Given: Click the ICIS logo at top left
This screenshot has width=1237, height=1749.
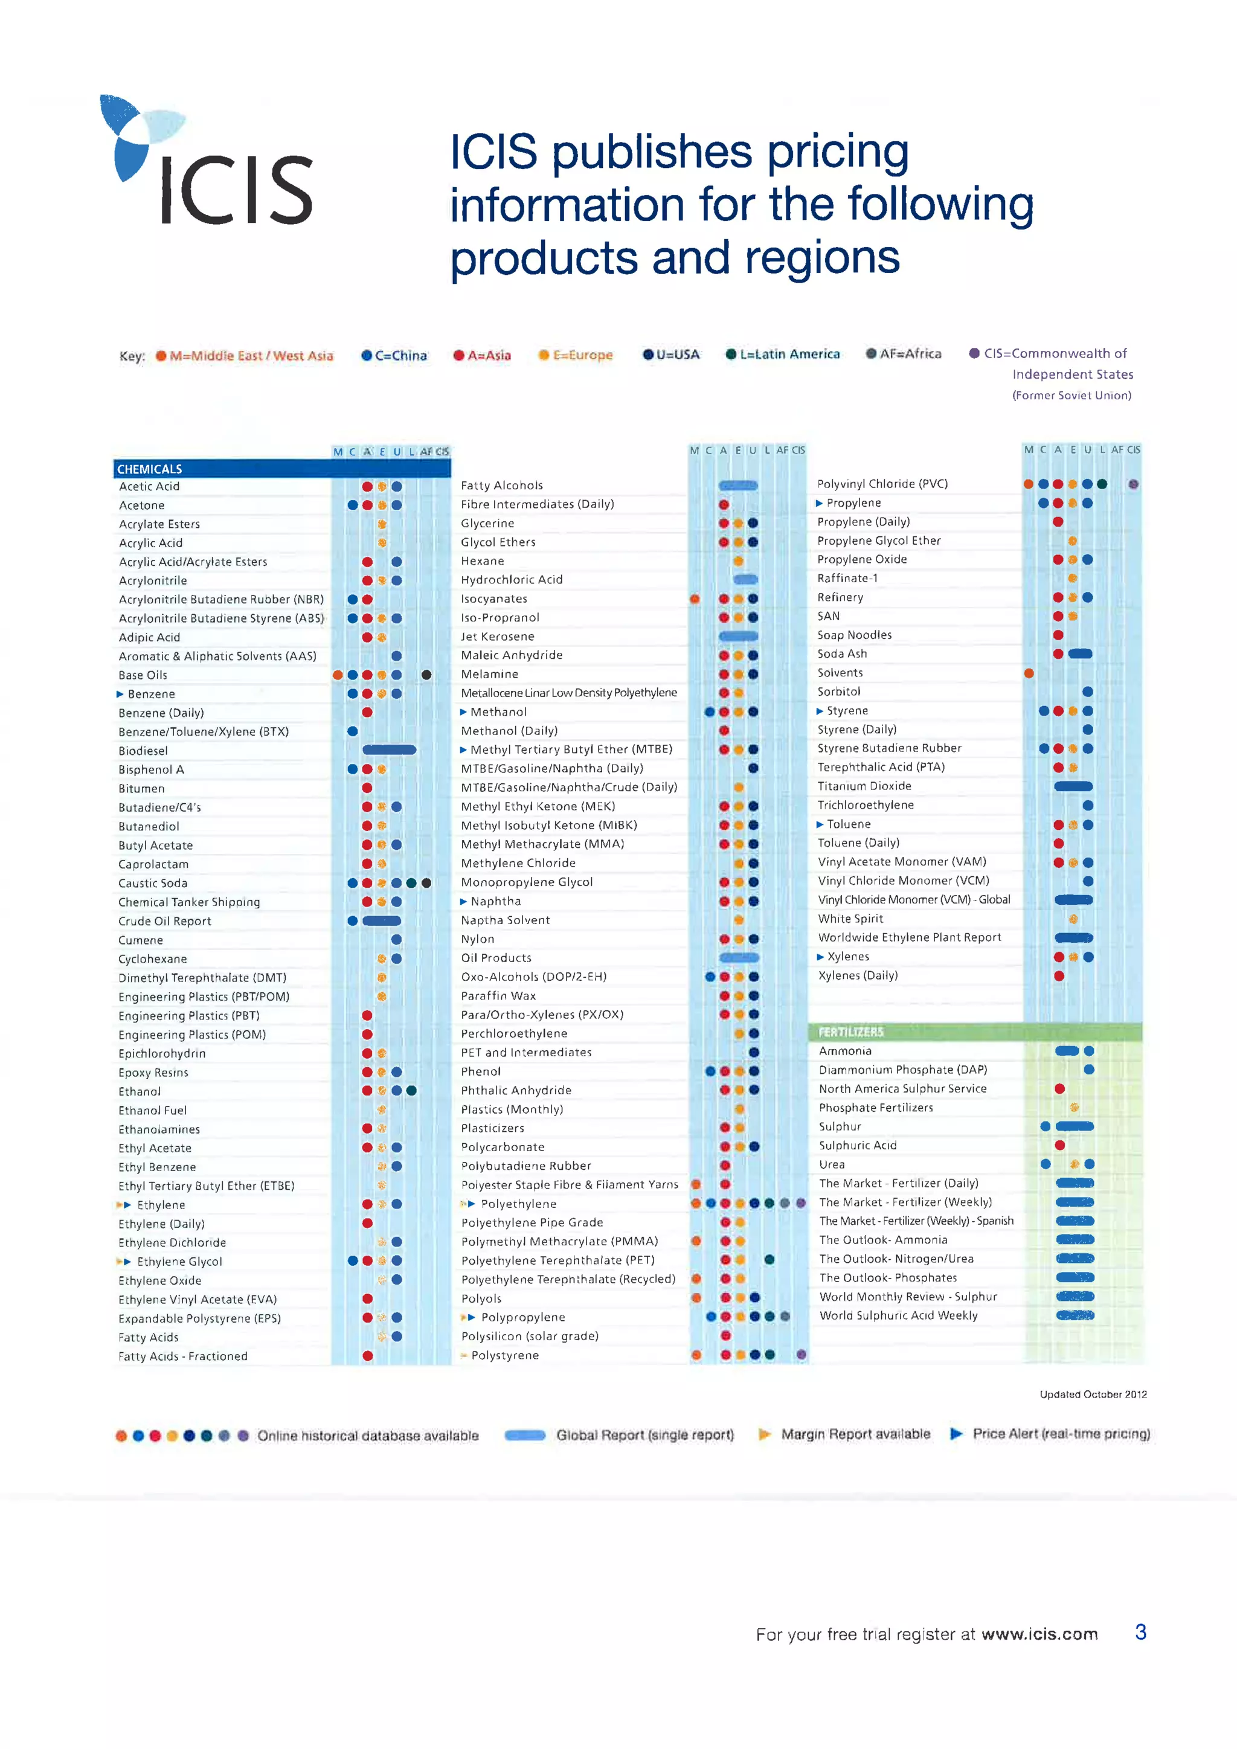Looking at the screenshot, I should pos(207,163).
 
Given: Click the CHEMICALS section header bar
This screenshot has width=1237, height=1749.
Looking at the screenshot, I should pos(282,469).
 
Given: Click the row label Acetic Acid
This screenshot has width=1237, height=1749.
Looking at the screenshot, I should pos(149,486).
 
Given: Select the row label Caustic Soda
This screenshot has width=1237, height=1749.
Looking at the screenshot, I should pos(152,883).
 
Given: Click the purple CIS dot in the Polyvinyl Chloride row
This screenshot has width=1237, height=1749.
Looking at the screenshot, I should pos(1133,484).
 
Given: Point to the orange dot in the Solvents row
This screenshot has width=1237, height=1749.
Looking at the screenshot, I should pos(1029,673).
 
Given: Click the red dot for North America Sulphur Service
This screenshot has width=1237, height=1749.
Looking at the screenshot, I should pos(1059,1088).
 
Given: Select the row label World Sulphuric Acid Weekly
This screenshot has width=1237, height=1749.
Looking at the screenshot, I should pos(898,1315).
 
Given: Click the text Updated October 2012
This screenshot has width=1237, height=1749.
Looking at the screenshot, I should pos(1093,1394).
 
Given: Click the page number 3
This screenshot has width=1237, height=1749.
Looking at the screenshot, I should pos(1140,1632).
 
